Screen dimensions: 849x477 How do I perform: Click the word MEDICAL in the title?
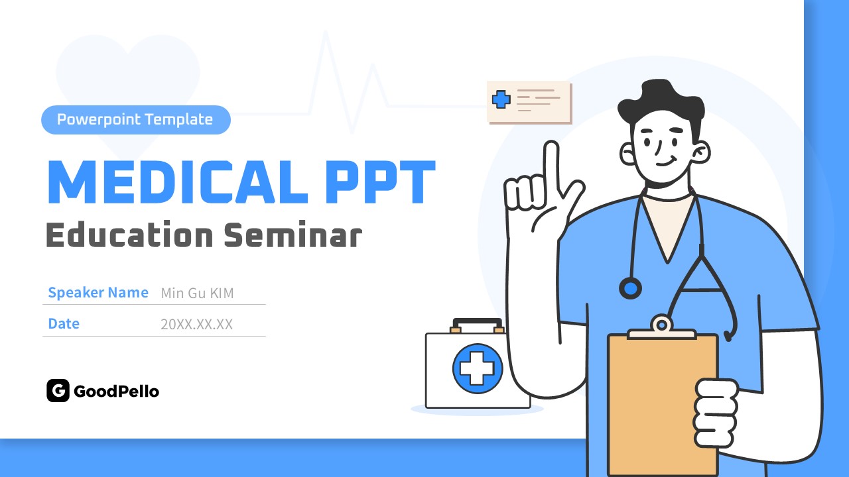(x=177, y=182)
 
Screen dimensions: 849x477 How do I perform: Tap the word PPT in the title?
(x=381, y=182)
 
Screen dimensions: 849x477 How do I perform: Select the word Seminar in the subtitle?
(x=293, y=235)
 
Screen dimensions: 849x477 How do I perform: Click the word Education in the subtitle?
(x=129, y=235)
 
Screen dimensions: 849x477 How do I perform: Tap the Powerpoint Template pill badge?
(x=136, y=120)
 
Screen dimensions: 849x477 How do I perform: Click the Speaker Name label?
(x=98, y=293)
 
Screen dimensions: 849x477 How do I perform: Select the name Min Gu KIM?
(x=197, y=293)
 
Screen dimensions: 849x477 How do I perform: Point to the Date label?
(x=64, y=324)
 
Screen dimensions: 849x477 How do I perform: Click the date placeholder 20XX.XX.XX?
(x=196, y=325)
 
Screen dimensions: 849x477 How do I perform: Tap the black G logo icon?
(x=58, y=390)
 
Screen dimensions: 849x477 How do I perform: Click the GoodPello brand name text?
(x=116, y=392)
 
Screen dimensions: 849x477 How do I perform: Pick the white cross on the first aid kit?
(x=477, y=368)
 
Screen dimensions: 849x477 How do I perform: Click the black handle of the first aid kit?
(x=477, y=323)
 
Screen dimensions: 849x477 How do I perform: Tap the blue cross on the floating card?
(x=501, y=99)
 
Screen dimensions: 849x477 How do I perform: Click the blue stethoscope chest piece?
(x=630, y=288)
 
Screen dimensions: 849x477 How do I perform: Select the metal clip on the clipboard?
(x=662, y=327)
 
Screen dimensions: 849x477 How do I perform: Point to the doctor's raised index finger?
(x=551, y=166)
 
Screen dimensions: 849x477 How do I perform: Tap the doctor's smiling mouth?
(x=666, y=162)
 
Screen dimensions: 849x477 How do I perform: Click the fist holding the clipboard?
(x=716, y=413)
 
